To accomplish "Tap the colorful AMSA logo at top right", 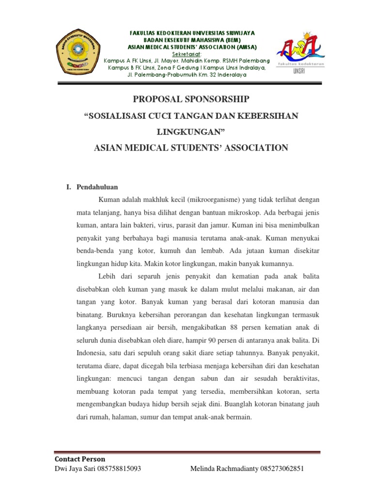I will tap(300, 48).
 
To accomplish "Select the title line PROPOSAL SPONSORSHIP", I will tap(191, 99).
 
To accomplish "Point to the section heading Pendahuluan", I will tap(97, 187).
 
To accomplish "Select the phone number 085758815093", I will tap(119, 469).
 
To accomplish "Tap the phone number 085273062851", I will tap(283, 469).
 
